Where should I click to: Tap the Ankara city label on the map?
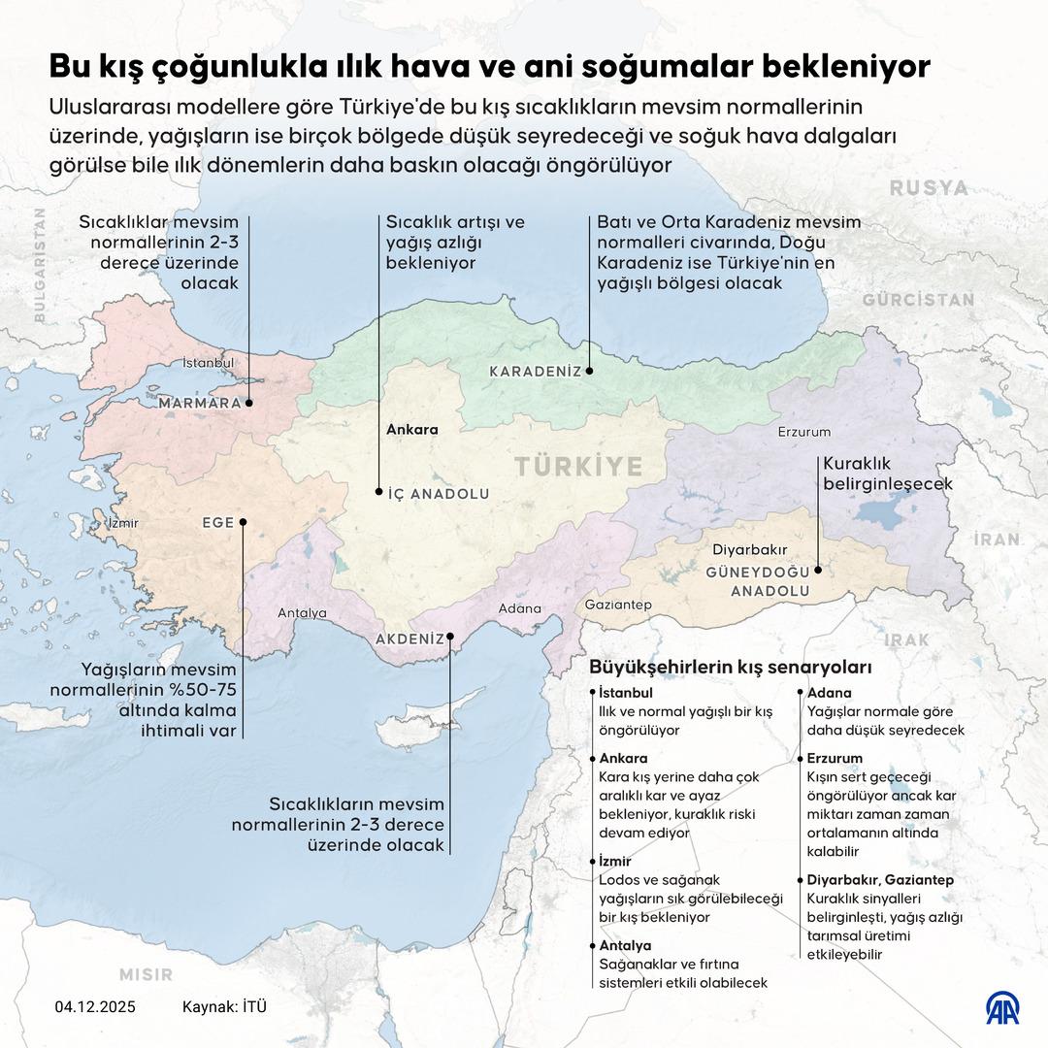tap(412, 429)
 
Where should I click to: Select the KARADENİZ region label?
tap(535, 372)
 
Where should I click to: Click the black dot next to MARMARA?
tap(249, 403)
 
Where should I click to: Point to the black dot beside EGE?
tap(243, 522)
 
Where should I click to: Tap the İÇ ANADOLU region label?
tap(438, 494)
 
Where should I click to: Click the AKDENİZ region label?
tap(409, 639)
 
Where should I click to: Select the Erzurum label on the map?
tap(805, 431)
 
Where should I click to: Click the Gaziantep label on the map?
tap(618, 605)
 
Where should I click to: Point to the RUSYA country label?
tap(929, 187)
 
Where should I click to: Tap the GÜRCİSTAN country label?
tap(918, 300)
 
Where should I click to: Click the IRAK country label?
tap(906, 640)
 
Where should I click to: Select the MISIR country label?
tap(146, 973)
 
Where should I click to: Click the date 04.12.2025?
tap(95, 1006)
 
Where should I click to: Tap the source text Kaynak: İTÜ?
tap(224, 1006)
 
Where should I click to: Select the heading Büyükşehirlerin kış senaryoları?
tap(731, 668)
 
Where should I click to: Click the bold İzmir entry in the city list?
tap(615, 861)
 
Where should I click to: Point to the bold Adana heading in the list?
tap(829, 693)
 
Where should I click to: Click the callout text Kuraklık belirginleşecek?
tap(887, 474)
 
